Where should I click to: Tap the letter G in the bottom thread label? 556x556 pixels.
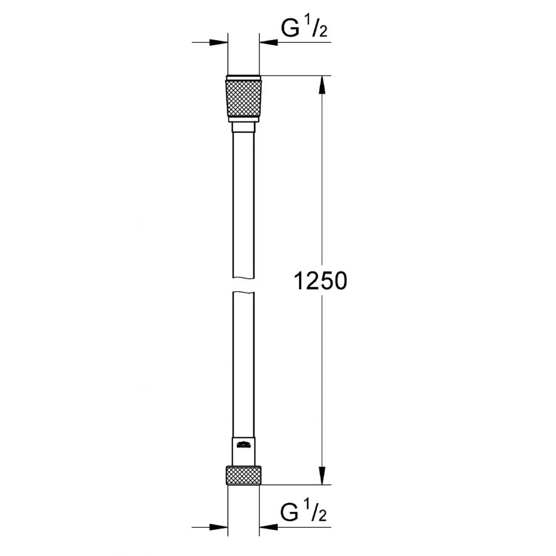point(291,513)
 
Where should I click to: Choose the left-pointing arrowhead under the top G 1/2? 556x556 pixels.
point(268,43)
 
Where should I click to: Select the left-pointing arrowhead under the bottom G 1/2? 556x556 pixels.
point(268,525)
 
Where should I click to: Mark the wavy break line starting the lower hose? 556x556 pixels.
point(243,292)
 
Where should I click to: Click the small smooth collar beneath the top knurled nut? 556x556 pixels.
point(243,126)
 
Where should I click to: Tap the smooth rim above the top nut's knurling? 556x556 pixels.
point(243,79)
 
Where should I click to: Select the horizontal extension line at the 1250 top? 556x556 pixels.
point(296,76)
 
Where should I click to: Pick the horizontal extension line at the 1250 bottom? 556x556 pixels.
point(296,485)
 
